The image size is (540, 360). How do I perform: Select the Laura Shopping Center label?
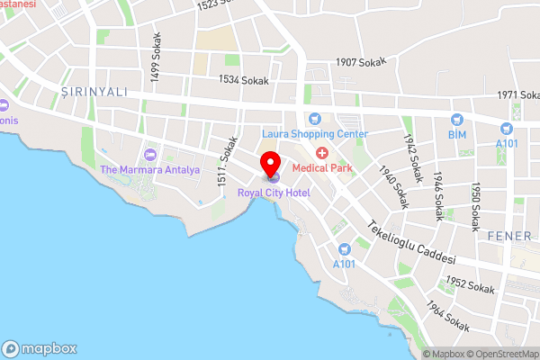tap(315, 134)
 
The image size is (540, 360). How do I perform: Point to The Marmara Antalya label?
tap(149, 169)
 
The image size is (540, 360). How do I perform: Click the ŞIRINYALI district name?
tap(92, 92)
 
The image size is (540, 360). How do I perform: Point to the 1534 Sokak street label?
tap(244, 80)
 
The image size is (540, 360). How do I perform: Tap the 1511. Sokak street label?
tap(226, 162)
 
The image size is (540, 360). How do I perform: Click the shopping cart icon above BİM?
tap(457, 118)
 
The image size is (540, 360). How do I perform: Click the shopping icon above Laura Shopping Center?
tap(315, 118)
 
